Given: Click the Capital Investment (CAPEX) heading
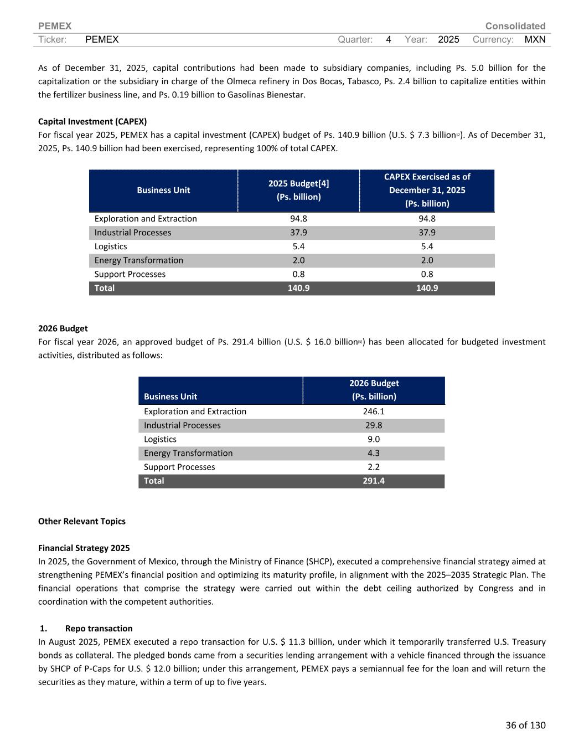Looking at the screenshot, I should coord(92,121).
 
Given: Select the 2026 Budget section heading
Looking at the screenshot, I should coord(63,328).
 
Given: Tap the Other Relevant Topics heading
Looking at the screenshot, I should coord(81,521).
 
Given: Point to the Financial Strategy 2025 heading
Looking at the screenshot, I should coord(84,548).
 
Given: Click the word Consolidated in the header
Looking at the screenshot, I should coord(515,26).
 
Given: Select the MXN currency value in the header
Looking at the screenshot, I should coord(535,39).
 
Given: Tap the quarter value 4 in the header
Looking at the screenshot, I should coord(389,39).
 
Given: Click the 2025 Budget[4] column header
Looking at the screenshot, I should coord(298,190).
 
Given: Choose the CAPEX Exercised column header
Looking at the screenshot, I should coord(427,190).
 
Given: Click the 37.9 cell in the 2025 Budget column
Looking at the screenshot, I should coord(298,233).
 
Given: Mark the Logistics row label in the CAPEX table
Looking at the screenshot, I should coord(111,246).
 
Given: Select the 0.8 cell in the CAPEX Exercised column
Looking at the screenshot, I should coord(427,274).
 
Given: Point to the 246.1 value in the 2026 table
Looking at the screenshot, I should coord(374,412).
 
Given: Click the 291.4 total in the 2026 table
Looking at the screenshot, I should coord(374,481).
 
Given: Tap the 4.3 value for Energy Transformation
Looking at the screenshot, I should coord(374,453).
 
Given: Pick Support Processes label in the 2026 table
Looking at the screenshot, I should coord(179,467).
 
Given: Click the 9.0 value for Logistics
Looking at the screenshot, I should coord(374,439).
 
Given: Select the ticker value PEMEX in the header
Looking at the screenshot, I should coord(102,39).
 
